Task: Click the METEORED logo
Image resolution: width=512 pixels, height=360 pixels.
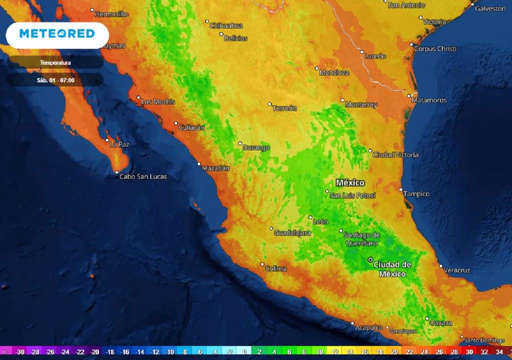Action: click(x=56, y=34)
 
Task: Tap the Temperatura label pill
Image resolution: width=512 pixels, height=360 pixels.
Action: click(x=55, y=63)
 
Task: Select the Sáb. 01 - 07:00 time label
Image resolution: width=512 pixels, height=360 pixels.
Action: click(x=55, y=80)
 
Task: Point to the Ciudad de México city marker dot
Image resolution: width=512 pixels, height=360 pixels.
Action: click(x=370, y=260)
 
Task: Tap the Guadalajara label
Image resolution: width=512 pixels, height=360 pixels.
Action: click(x=292, y=233)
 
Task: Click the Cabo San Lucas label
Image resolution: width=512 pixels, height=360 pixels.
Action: click(x=143, y=176)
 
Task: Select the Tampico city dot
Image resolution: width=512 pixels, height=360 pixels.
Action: click(x=400, y=189)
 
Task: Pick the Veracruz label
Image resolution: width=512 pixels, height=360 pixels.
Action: click(x=457, y=270)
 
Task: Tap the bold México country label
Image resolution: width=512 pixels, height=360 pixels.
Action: click(x=350, y=182)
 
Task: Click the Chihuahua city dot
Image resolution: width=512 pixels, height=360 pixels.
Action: click(x=207, y=21)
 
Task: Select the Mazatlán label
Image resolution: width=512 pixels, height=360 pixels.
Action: click(x=215, y=168)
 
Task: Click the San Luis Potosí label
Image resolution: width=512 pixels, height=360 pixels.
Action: click(x=352, y=195)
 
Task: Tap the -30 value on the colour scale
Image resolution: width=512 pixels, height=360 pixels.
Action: click(x=20, y=352)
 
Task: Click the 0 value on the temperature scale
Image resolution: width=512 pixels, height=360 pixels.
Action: click(x=244, y=352)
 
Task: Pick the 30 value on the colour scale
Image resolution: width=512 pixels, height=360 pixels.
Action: click(x=469, y=352)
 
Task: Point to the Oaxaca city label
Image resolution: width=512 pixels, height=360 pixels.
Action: click(x=441, y=323)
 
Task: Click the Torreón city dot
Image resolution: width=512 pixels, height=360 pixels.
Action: click(x=269, y=104)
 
